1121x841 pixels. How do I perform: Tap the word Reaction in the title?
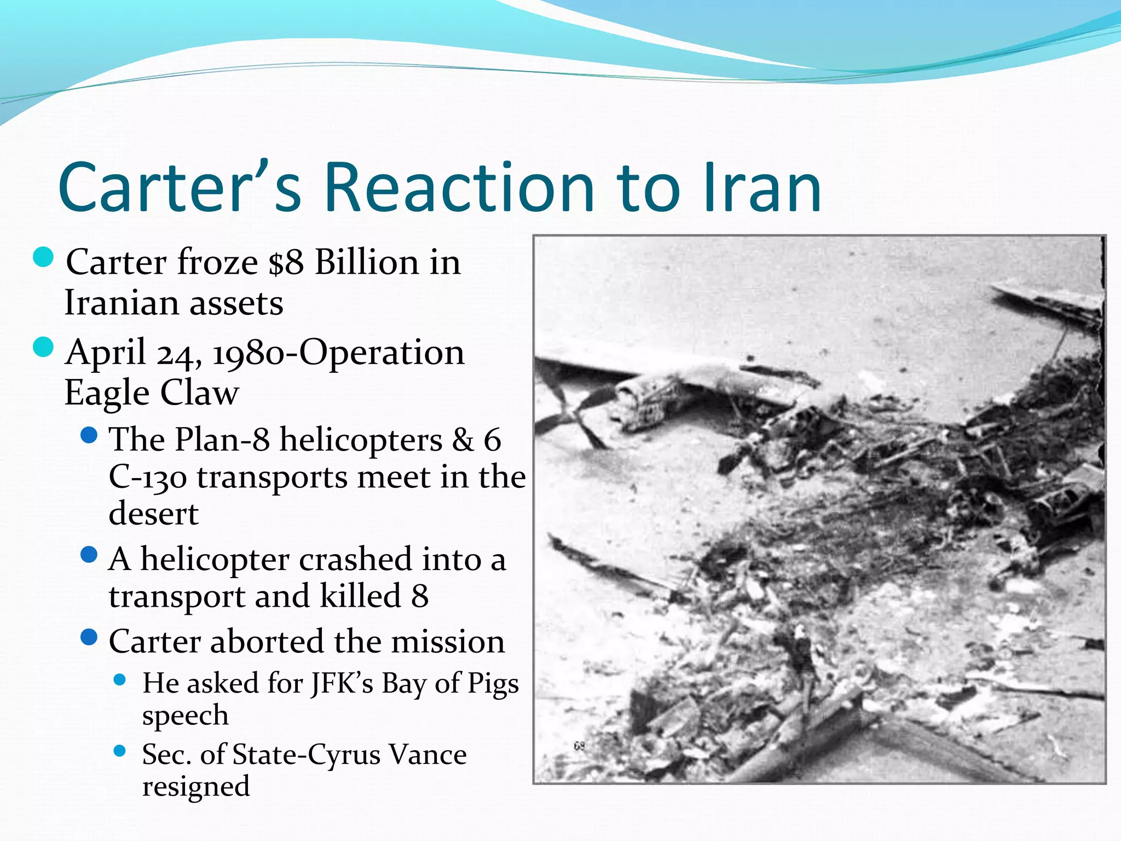point(459,187)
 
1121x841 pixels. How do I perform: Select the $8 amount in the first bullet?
point(286,262)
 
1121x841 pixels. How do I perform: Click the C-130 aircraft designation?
point(147,477)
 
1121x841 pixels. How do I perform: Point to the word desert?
point(153,514)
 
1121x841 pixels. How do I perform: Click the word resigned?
point(196,787)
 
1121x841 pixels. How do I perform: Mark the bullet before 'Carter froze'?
point(43,257)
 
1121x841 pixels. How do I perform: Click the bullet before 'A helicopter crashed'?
point(89,555)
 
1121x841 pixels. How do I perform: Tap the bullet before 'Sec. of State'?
point(120,751)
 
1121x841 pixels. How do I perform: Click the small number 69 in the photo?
point(579,746)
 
